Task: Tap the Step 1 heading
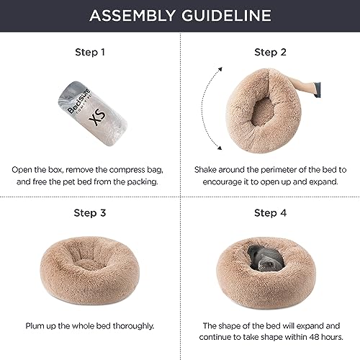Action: coord(90,52)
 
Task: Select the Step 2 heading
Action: coord(269,52)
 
